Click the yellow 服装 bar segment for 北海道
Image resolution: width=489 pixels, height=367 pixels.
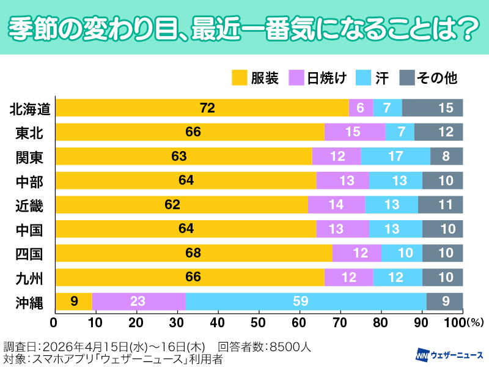[202, 108]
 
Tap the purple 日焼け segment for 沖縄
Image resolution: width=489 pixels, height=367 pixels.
[138, 302]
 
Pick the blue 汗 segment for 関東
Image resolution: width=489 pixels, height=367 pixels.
[395, 156]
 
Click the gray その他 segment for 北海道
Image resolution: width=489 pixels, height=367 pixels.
[432, 108]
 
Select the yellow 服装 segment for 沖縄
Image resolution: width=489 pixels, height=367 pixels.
[73, 302]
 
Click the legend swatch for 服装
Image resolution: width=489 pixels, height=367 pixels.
[239, 78]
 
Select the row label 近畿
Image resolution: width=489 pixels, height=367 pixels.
[29, 205]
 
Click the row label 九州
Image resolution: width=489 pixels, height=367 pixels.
[29, 277]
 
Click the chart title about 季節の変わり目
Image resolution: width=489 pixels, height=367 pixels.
[244, 28]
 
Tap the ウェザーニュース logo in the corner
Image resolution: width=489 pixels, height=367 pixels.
[449, 355]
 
